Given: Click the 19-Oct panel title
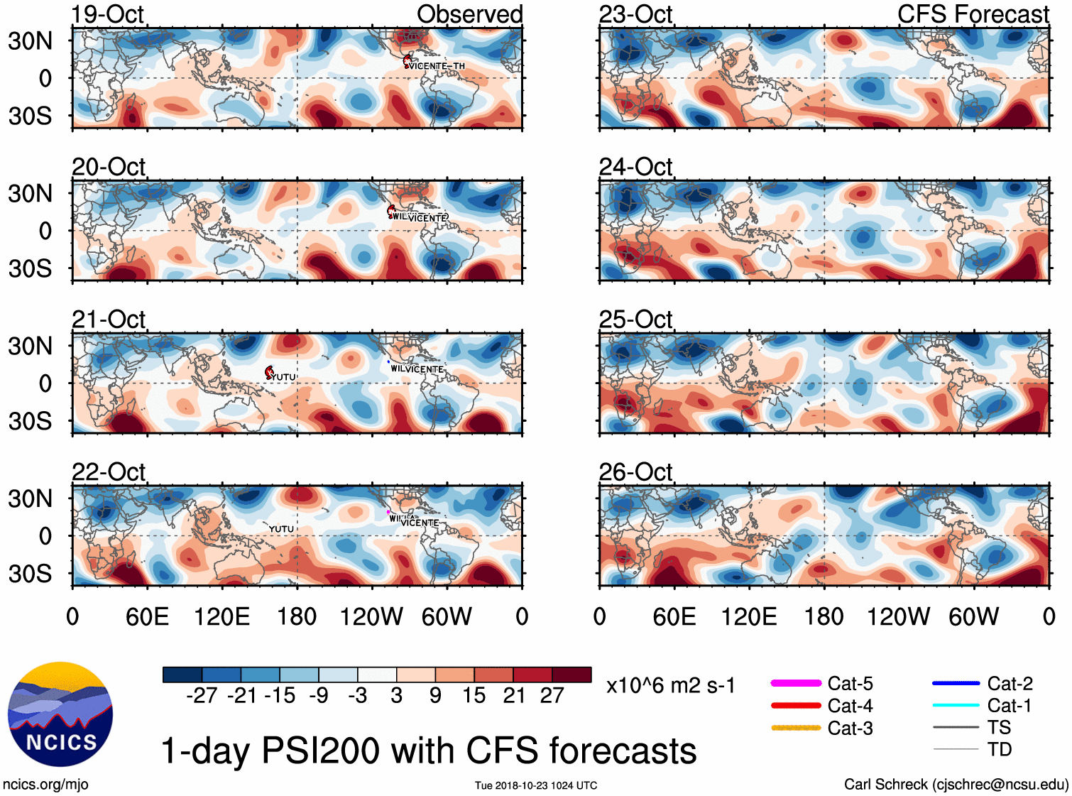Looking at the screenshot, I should pyautogui.click(x=108, y=14).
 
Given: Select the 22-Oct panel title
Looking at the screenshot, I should pyautogui.click(x=109, y=472).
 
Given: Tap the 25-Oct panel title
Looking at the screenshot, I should pyautogui.click(x=635, y=320).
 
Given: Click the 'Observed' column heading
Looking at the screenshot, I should pyautogui.click(x=469, y=14).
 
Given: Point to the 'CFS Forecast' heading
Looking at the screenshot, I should pyautogui.click(x=973, y=14).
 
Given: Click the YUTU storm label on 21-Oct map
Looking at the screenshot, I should pyautogui.click(x=283, y=377).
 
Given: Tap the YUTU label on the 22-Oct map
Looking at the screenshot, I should pyautogui.click(x=281, y=529).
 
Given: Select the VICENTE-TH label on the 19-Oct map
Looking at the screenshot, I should pyautogui.click(x=437, y=66).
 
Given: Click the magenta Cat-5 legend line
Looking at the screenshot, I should pyautogui.click(x=796, y=683).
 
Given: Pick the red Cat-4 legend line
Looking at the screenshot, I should pyautogui.click(x=796, y=706).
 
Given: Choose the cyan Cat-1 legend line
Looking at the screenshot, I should pyautogui.click(x=956, y=705).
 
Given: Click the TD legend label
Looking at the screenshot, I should pyautogui.click(x=999, y=749).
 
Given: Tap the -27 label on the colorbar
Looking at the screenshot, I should pyautogui.click(x=202, y=696).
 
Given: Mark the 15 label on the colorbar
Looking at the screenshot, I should pyautogui.click(x=474, y=696).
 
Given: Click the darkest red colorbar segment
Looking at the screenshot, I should pyautogui.click(x=571, y=675).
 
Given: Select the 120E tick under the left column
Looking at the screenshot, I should pyautogui.click(x=222, y=616).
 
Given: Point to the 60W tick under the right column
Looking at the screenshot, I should pyautogui.click(x=973, y=616).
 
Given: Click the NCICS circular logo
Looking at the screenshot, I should pyautogui.click(x=60, y=714).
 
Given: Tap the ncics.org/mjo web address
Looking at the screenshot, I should pyautogui.click(x=45, y=785).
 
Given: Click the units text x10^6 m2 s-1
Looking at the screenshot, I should pyautogui.click(x=670, y=685).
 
